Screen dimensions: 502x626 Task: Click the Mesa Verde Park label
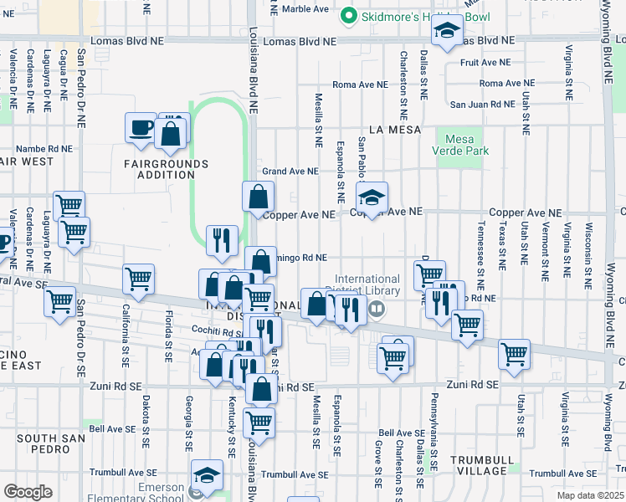(459, 146)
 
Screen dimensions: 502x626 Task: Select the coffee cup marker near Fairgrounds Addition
(141, 128)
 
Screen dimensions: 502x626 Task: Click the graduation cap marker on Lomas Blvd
(447, 32)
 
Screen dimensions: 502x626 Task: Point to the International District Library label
(367, 285)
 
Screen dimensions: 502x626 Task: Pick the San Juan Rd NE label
(482, 105)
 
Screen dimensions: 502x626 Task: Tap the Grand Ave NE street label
(290, 172)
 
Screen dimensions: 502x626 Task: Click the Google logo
(28, 492)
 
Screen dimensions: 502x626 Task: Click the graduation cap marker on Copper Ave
(372, 197)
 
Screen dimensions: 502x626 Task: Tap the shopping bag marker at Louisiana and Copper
(258, 197)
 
